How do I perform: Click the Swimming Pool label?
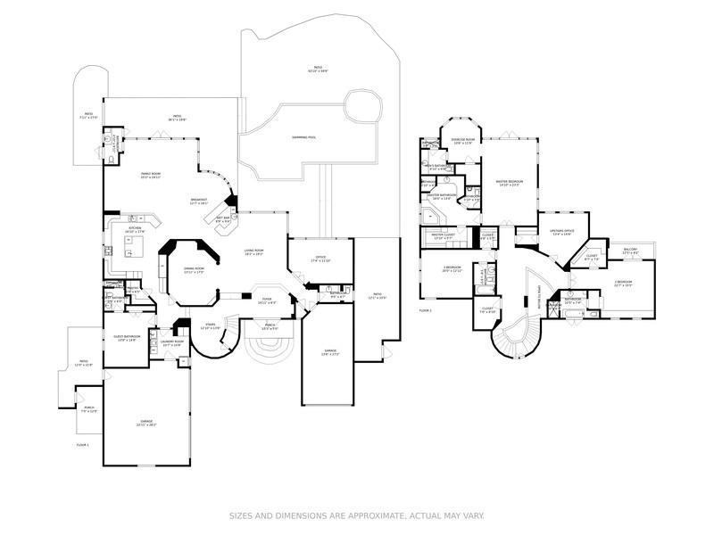(303, 137)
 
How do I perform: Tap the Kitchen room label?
(136, 229)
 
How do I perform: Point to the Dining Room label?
(194, 270)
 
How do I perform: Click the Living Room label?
(254, 251)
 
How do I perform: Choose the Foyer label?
(267, 300)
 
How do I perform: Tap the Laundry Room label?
(172, 342)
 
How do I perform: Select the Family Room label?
(150, 174)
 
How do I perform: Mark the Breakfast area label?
(199, 201)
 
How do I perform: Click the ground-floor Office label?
(320, 259)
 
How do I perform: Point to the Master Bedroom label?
(509, 182)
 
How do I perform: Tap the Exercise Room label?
(462, 141)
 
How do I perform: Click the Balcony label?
(630, 251)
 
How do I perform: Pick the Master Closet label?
(444, 236)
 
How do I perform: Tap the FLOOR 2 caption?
(425, 310)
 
